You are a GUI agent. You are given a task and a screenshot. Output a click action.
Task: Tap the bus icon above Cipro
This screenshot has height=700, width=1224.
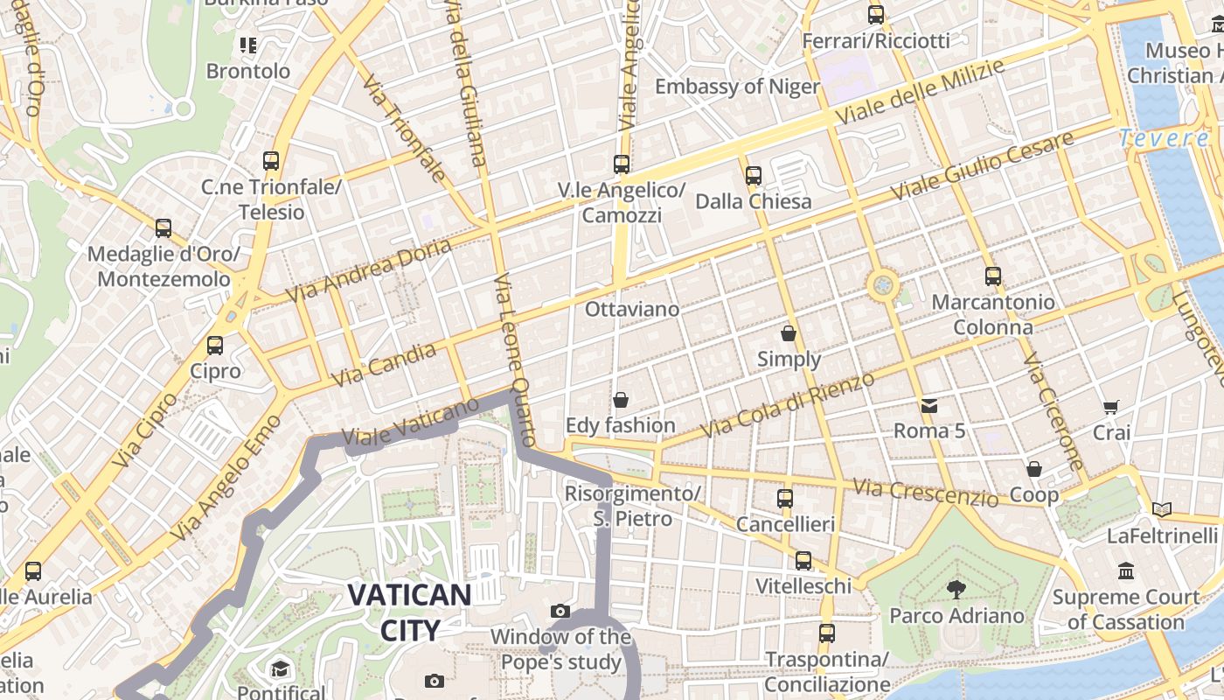point(215,345)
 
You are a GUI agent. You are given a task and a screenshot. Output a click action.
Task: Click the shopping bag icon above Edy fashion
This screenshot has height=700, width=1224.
point(621,400)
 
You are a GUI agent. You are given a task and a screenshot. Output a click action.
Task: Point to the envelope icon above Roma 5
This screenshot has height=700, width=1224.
point(928,405)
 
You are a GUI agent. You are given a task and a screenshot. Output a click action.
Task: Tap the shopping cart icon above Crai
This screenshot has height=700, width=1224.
point(1111,406)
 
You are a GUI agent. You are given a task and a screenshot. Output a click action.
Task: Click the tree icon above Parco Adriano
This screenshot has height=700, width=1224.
point(956,589)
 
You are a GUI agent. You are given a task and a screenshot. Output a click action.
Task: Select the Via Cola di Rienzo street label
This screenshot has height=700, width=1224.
point(788,405)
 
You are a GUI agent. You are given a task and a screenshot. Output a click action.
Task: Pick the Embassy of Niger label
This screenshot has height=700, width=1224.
point(737,87)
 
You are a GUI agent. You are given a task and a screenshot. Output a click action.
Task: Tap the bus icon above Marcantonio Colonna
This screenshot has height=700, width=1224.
point(992,276)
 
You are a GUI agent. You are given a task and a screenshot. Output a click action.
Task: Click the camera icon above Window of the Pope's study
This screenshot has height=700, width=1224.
point(560,611)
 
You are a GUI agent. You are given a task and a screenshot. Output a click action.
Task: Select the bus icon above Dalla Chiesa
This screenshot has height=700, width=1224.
point(753,176)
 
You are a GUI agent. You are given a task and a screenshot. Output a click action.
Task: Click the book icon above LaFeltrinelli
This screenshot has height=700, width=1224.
point(1161,509)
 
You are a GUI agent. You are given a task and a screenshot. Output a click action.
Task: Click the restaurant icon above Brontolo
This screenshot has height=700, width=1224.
point(248,45)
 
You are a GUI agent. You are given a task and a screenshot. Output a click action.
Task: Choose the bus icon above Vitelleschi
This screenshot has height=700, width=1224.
point(803,560)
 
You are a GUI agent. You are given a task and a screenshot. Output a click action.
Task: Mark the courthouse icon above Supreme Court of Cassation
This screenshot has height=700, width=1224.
point(1125,571)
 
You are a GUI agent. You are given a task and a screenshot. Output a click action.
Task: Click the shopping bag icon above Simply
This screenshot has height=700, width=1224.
point(789,333)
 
